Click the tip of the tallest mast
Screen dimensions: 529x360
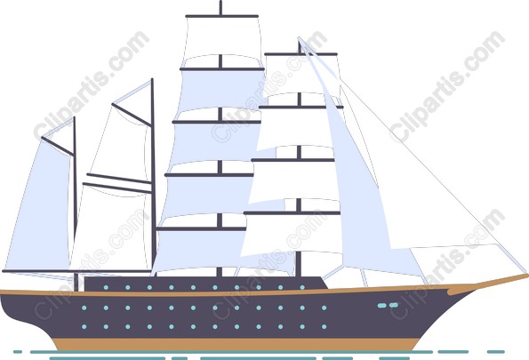(x=220, y=2)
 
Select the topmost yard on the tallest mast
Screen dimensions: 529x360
(x=221, y=16)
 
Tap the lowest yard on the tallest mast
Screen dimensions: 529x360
(x=201, y=228)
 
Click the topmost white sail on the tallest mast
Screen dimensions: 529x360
(x=221, y=41)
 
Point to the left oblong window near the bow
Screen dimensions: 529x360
(x=382, y=306)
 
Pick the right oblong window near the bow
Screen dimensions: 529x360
(x=394, y=305)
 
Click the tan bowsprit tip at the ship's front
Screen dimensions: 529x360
(x=526, y=276)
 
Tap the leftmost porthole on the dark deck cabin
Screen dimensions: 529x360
(x=106, y=287)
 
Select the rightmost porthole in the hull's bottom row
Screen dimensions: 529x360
(x=325, y=326)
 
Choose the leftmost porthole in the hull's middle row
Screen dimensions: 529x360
(x=84, y=308)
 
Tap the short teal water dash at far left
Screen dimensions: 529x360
(x=18, y=352)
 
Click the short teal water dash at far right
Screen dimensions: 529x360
(x=496, y=352)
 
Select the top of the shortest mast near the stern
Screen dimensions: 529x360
(x=74, y=118)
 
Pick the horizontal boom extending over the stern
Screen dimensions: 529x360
(x=77, y=271)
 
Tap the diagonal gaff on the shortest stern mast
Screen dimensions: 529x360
(x=58, y=146)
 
